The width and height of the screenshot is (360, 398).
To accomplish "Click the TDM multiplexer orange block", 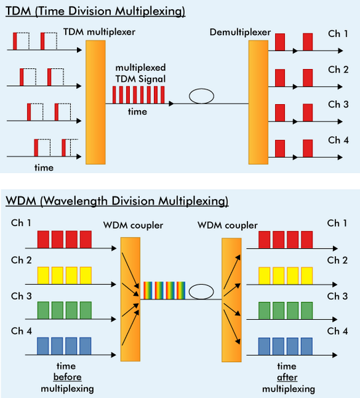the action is click(95, 102).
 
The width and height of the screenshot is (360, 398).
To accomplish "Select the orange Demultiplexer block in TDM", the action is click(259, 102).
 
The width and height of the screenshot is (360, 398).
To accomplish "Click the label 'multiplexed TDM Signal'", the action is click(141, 74).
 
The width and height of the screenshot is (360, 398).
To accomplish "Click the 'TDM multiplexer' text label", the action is click(99, 32).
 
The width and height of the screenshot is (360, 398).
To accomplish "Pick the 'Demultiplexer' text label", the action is click(240, 33).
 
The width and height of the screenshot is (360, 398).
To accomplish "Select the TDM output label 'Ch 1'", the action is click(337, 34).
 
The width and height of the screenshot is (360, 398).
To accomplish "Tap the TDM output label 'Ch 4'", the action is click(338, 140).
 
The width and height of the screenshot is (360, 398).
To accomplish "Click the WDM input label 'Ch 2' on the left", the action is click(21, 260).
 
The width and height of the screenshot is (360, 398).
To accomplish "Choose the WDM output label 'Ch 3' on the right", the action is click(337, 297).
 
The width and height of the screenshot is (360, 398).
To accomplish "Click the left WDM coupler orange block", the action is click(131, 299).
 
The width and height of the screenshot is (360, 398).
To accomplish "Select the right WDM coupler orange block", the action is click(231, 300).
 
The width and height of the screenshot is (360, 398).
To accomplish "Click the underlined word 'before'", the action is click(68, 377).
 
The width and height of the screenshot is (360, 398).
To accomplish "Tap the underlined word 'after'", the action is click(287, 377).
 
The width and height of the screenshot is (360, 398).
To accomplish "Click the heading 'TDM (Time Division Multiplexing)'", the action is click(95, 11).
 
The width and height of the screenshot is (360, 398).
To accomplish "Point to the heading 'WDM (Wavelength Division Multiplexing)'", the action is click(117, 201).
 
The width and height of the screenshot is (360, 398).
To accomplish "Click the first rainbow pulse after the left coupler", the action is click(148, 291).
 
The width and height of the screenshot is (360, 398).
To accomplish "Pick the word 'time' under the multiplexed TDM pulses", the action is click(137, 111).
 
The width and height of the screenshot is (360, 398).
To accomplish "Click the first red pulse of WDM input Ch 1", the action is click(43, 239).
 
